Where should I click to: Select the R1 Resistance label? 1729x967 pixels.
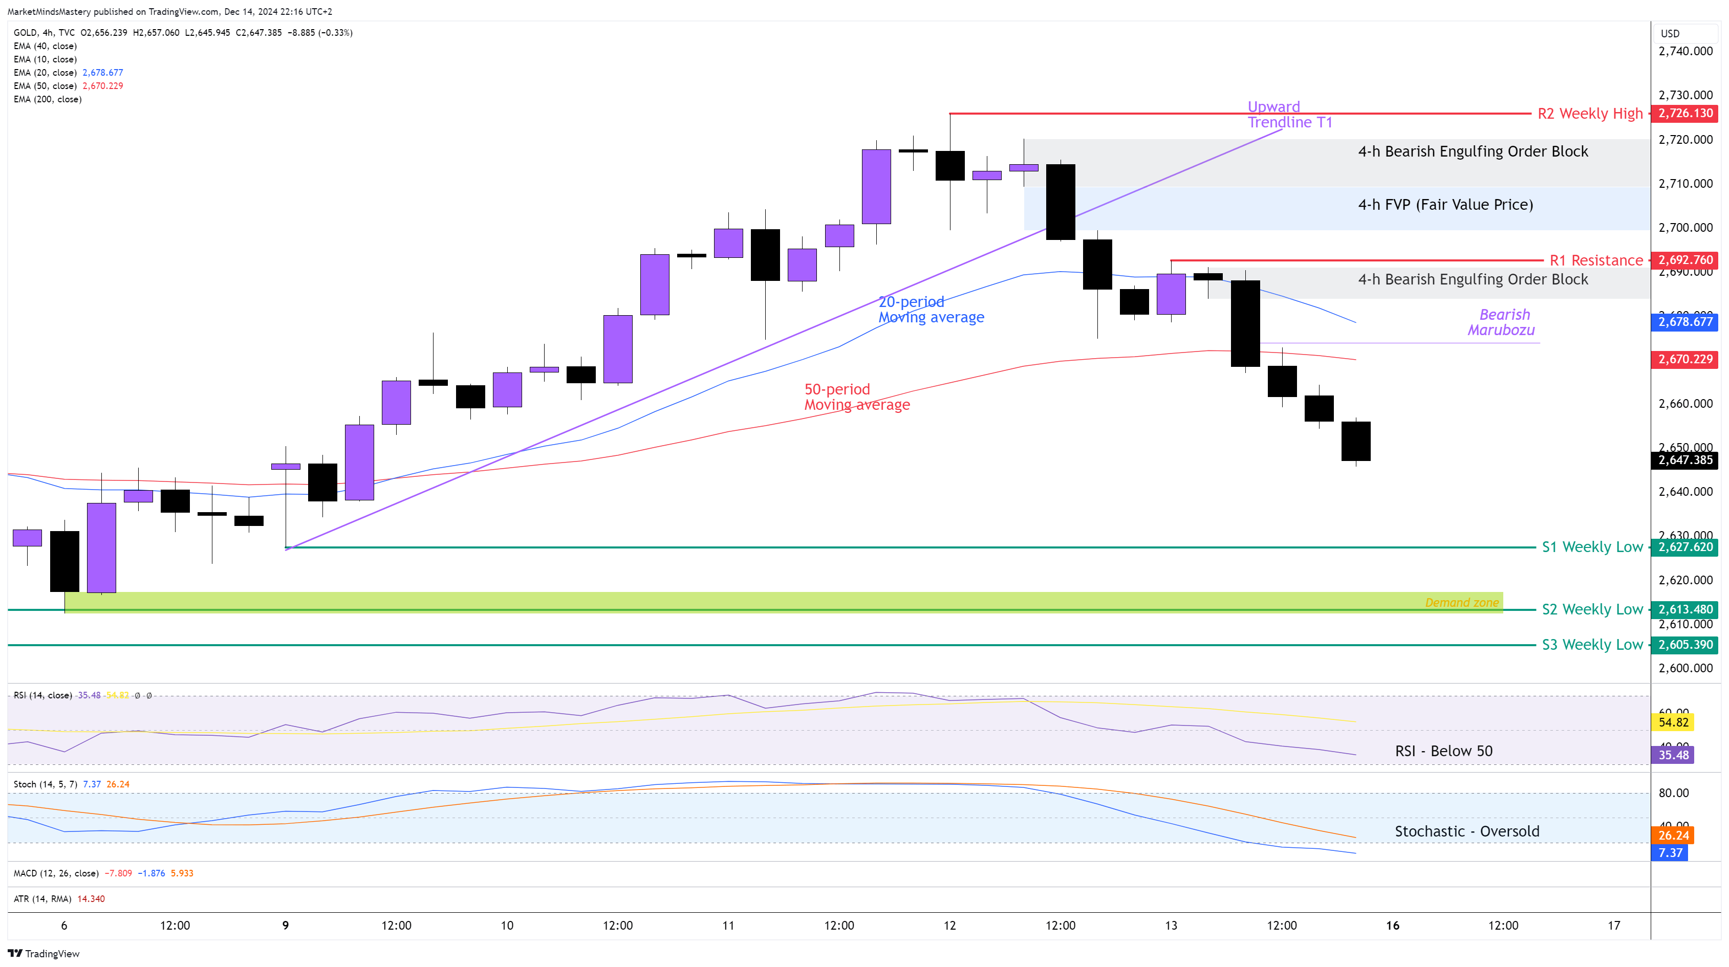(x=1595, y=260)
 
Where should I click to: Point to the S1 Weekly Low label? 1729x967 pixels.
(x=1591, y=547)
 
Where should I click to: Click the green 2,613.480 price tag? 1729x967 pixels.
(x=1684, y=609)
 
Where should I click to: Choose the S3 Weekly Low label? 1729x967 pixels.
(x=1591, y=645)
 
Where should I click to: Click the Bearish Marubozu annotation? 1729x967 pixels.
(x=1501, y=322)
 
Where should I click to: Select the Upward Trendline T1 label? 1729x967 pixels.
(x=1289, y=115)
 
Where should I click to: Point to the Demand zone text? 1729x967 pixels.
(x=1461, y=603)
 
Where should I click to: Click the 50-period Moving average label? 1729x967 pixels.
(x=856, y=397)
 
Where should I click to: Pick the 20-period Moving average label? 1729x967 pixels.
(x=931, y=310)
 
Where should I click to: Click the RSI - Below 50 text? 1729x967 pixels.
(x=1443, y=751)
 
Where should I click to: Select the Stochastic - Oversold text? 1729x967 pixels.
(x=1466, y=831)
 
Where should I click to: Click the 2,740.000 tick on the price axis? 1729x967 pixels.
(x=1684, y=51)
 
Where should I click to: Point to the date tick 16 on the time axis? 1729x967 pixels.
(x=1393, y=926)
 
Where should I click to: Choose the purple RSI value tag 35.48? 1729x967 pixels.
(x=1673, y=755)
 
